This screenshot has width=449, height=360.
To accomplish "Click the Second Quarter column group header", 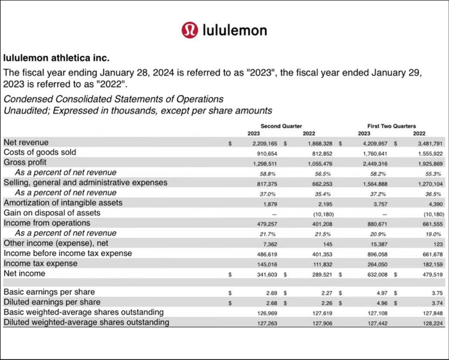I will [282, 126].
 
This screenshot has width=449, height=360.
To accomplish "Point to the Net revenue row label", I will [26, 142].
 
